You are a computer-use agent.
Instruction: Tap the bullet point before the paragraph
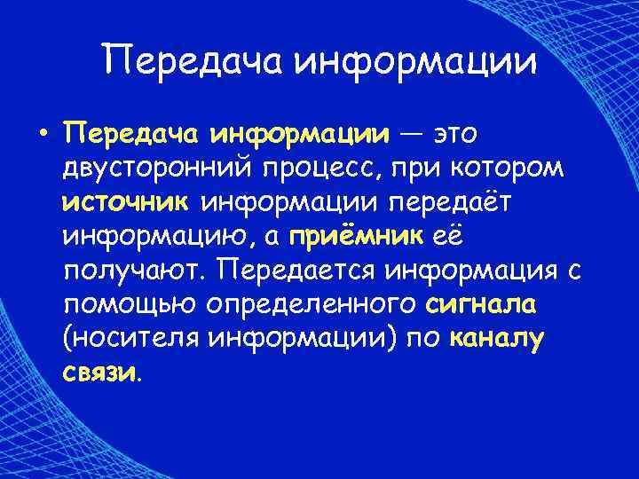click(x=42, y=134)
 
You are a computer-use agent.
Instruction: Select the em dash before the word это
click(x=411, y=134)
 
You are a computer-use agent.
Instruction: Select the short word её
click(x=446, y=236)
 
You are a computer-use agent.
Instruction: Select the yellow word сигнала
click(x=480, y=304)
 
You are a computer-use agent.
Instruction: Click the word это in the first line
click(x=455, y=134)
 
